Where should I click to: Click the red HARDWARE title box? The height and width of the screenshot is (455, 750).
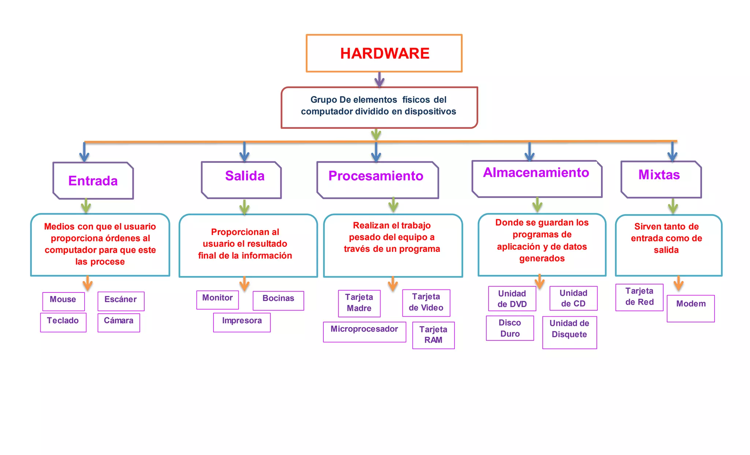pos(384,53)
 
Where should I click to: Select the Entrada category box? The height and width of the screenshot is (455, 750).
pos(93,181)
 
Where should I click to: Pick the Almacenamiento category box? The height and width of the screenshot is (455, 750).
pos(537,179)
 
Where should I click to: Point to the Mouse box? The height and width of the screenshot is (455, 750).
pos(63,301)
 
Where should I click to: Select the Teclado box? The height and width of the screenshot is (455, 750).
pos(63,322)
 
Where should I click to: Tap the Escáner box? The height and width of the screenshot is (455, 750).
pos(121,301)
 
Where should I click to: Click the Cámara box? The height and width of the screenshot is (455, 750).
pos(119,322)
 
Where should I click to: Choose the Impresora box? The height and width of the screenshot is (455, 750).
pos(242,322)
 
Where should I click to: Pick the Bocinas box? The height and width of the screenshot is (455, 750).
pos(278,301)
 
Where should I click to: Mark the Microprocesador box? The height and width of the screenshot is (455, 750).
pos(364,332)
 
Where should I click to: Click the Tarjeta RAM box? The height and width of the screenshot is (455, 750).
pos(433,335)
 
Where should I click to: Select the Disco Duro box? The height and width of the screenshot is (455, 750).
pos(510,328)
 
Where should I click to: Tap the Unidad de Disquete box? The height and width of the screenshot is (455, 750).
pos(569,332)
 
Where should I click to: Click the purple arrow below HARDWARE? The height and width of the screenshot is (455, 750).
pos(379,79)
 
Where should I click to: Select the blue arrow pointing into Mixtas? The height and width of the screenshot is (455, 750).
pos(672,152)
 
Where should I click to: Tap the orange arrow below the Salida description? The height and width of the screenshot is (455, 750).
pos(244,284)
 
